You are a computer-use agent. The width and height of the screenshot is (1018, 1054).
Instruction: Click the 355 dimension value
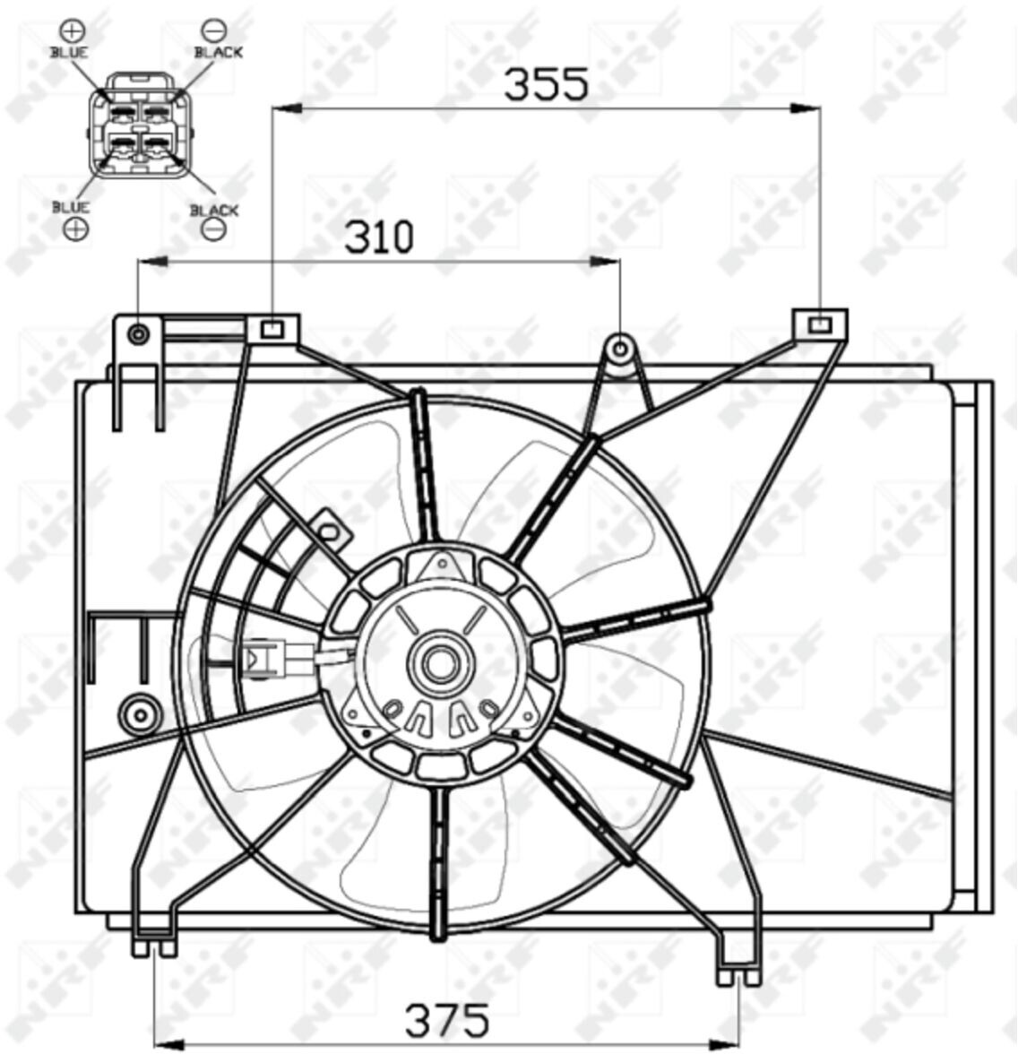coord(546,84)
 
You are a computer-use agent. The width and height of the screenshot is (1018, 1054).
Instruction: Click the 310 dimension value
coord(379,238)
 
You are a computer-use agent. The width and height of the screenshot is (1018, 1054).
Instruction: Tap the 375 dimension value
coord(446,1020)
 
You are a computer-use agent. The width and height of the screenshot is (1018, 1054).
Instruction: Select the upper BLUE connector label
coord(69,52)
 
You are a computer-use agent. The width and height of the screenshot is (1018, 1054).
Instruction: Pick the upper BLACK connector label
coord(219,52)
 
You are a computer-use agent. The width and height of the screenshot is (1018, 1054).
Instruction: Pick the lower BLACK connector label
coord(214,211)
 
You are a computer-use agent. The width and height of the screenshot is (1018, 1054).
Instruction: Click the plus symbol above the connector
coord(72,30)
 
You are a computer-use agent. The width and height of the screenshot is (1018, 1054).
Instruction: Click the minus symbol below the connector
coord(213,229)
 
